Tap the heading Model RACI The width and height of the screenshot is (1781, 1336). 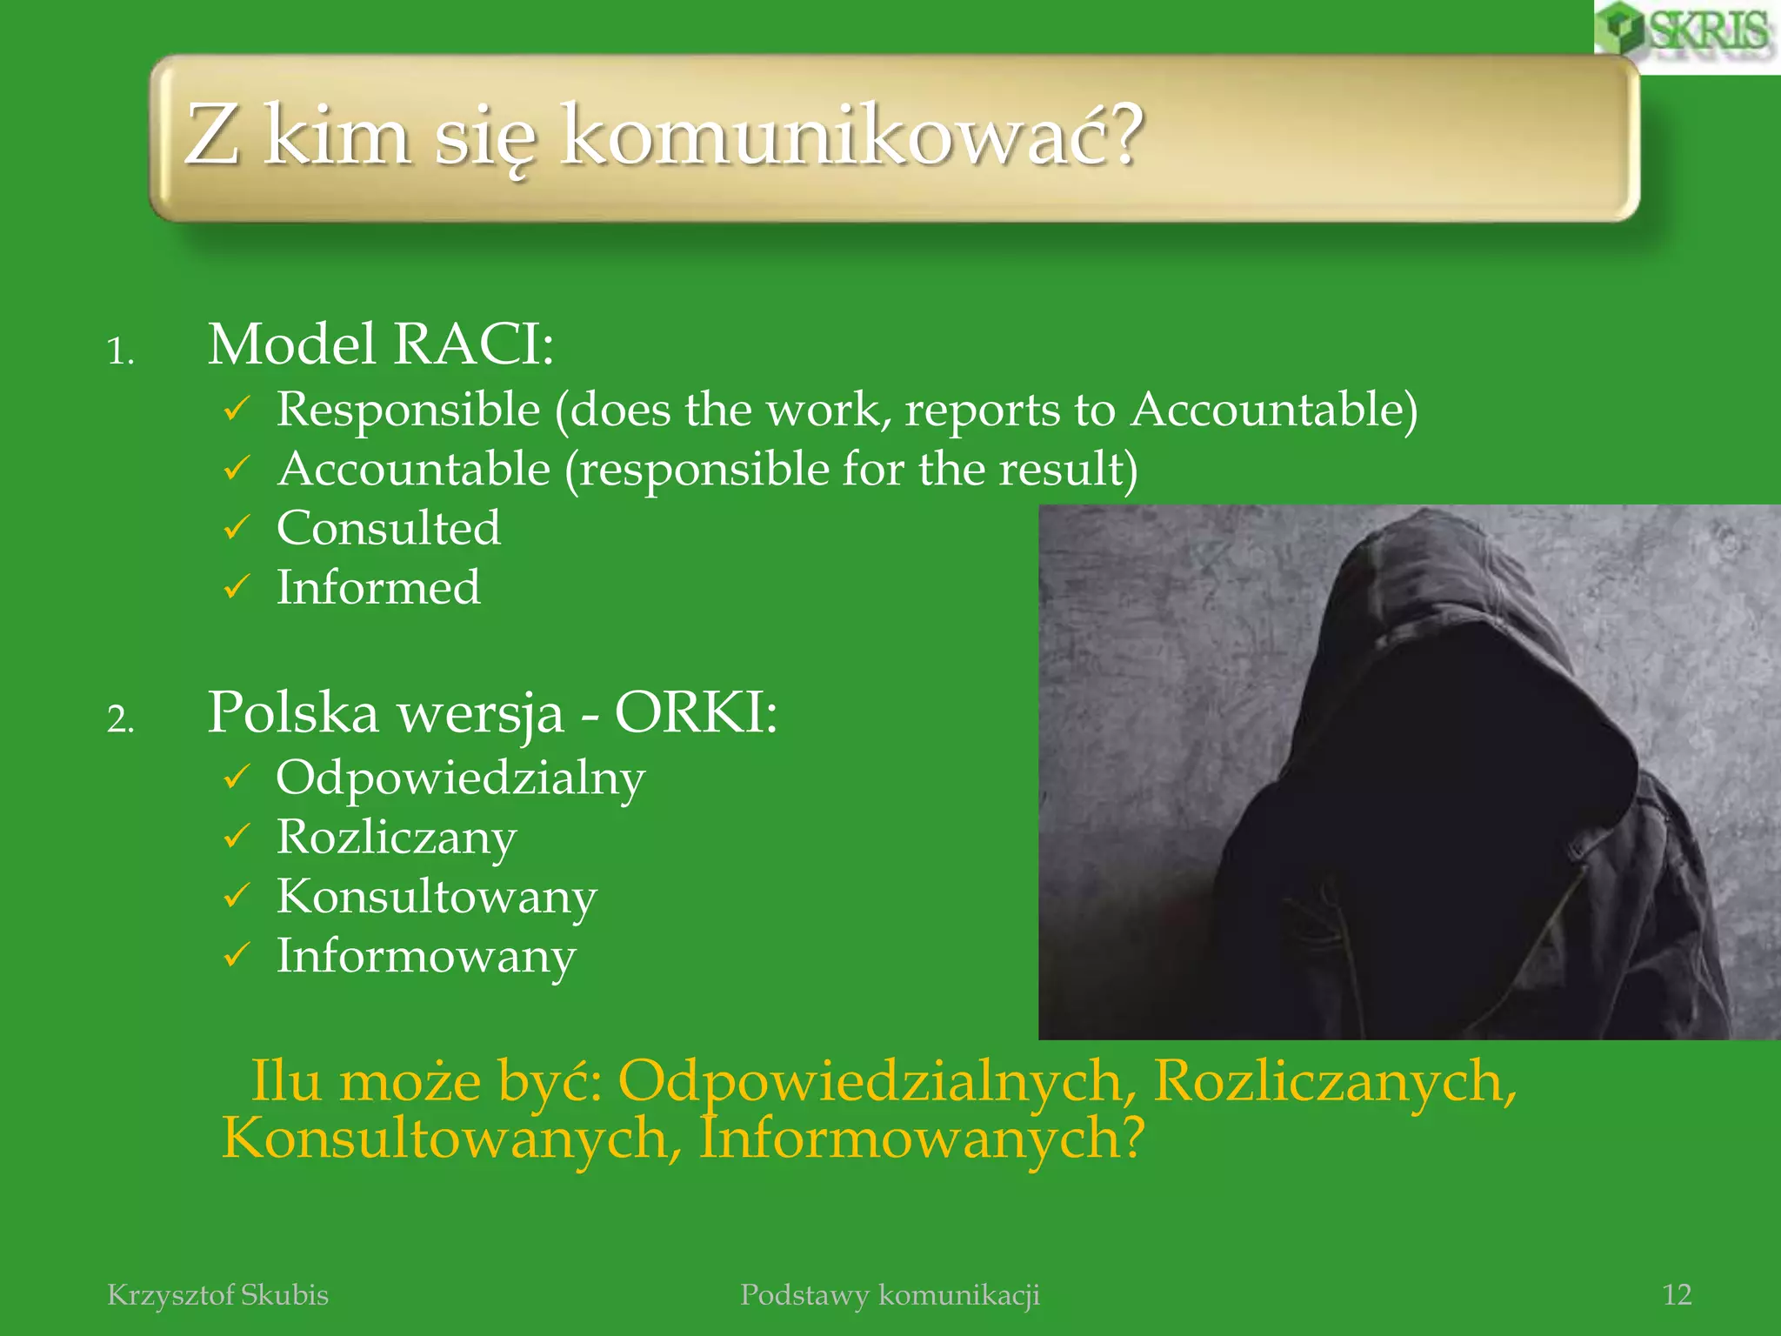[x=380, y=344]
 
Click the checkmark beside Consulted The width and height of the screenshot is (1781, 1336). [x=237, y=528]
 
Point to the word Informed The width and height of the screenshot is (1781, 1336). [x=378, y=587]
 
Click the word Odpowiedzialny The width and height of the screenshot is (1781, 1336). [x=460, y=778]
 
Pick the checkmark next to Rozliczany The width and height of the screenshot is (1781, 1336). [x=237, y=837]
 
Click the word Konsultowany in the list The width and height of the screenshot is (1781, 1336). [x=437, y=897]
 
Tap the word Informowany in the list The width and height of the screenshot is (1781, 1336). [x=426, y=956]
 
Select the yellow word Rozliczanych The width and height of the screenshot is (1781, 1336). [x=1334, y=1081]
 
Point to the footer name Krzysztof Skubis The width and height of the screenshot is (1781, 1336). [x=217, y=1294]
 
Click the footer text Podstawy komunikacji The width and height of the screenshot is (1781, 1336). [x=890, y=1294]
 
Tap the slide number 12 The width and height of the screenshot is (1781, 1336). [x=1677, y=1294]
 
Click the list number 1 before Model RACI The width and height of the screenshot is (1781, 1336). [x=120, y=352]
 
